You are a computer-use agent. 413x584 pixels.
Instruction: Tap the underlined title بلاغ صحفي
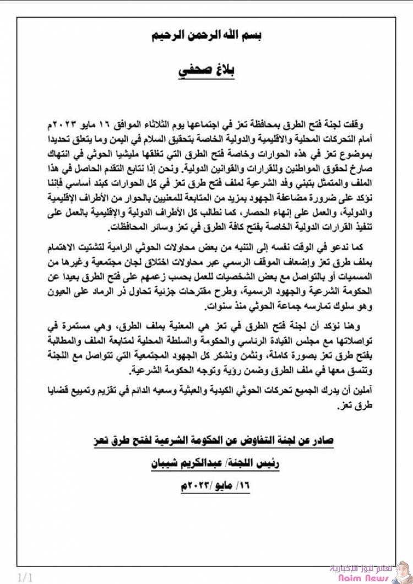(206, 72)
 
